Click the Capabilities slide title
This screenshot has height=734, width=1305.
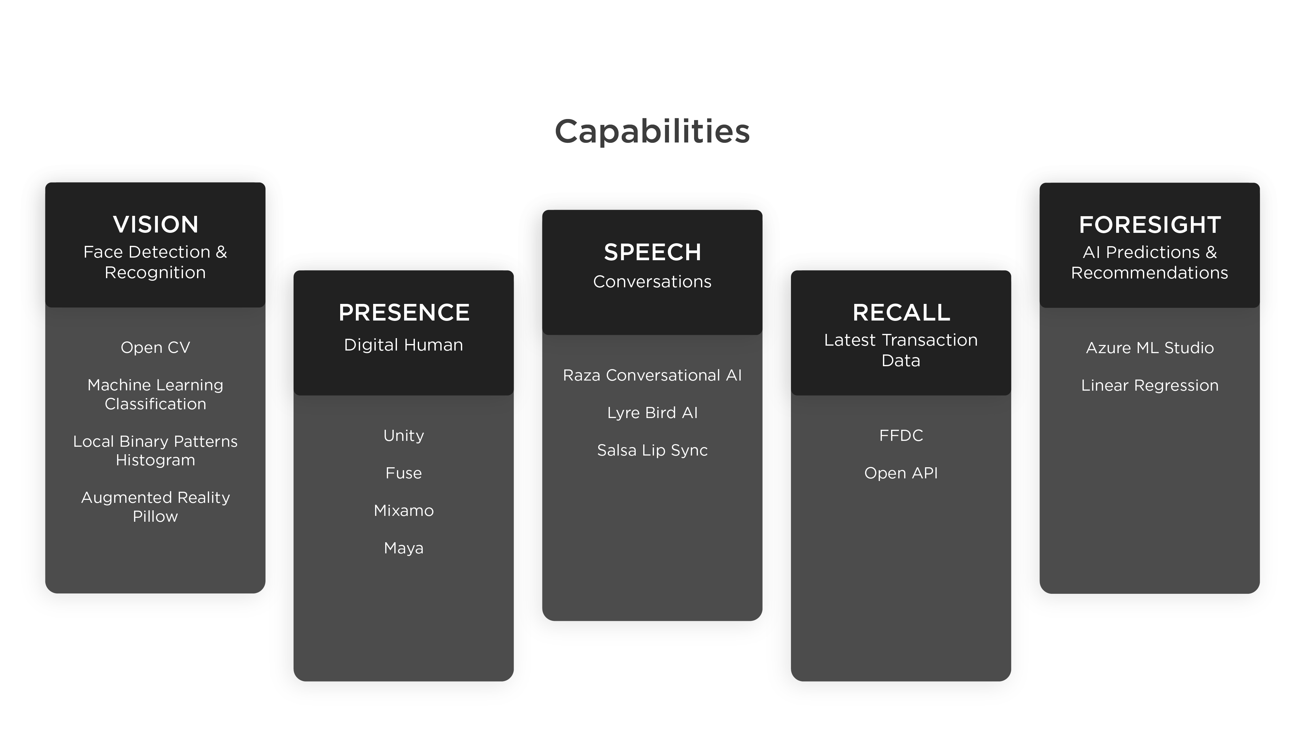point(652,131)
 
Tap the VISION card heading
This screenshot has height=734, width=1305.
point(156,224)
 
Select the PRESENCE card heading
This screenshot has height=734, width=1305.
point(404,313)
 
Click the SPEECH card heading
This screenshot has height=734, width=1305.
point(652,252)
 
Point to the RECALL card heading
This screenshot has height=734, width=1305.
point(901,313)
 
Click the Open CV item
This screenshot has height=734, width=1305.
point(156,348)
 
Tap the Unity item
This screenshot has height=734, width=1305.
point(404,436)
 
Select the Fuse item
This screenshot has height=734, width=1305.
point(404,473)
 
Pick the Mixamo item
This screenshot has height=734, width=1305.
point(404,511)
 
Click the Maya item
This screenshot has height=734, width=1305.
point(404,548)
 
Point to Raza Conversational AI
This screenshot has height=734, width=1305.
point(652,375)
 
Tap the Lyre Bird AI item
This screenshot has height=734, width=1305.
point(652,413)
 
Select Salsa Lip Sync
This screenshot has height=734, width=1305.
point(652,450)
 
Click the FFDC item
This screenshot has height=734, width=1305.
point(901,436)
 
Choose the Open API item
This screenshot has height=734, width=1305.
point(901,473)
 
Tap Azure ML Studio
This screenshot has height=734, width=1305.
point(1149,348)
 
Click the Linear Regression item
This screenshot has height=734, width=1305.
point(1149,385)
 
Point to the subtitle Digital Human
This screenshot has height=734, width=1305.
point(404,345)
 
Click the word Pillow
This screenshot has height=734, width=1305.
point(156,517)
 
